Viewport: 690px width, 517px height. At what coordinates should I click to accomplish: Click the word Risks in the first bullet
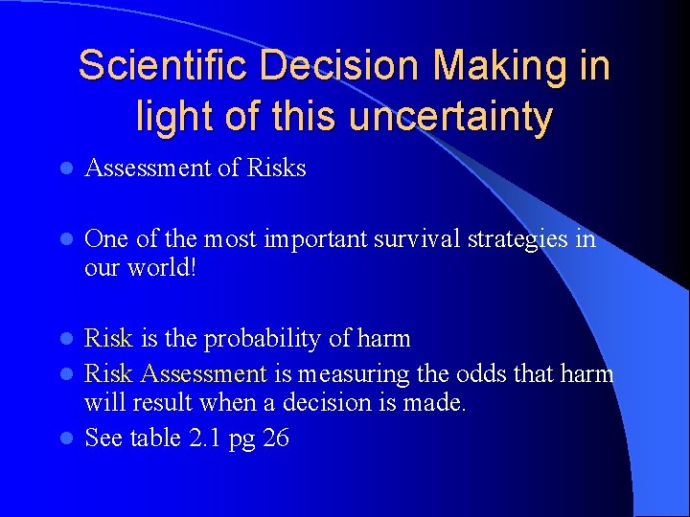276,169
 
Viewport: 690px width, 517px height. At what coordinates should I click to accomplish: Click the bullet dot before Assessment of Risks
64,169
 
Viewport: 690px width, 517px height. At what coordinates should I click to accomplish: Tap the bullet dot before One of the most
64,240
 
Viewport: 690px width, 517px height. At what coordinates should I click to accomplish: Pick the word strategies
520,239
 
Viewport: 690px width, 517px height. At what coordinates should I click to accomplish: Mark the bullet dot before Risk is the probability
64,340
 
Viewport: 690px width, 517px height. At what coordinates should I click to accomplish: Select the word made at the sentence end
437,403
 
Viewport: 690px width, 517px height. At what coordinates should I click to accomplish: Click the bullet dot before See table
64,438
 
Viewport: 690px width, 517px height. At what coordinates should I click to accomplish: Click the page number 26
275,438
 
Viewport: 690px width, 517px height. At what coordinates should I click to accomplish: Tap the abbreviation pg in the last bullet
241,440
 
